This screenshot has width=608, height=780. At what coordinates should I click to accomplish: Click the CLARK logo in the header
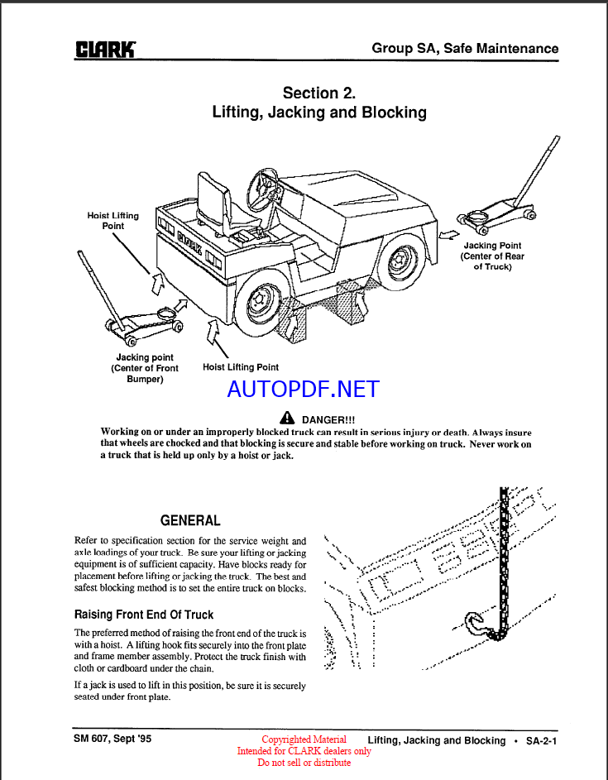(x=106, y=49)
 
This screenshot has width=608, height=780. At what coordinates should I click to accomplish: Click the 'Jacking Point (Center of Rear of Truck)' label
(x=492, y=256)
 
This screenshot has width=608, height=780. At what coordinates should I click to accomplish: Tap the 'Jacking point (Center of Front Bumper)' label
(x=145, y=368)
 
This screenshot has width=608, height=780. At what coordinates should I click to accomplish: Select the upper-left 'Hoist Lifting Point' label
(x=113, y=220)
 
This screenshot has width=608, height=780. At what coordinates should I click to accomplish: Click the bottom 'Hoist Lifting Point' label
(x=241, y=366)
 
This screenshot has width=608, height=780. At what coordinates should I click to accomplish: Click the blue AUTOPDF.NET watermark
(x=303, y=389)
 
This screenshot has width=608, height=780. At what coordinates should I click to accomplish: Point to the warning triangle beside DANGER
(x=287, y=419)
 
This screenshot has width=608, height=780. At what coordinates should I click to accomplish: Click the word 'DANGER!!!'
(x=328, y=419)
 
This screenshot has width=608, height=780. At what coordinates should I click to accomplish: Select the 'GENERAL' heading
(x=190, y=520)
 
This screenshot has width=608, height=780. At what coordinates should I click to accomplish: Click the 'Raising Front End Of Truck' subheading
(x=144, y=615)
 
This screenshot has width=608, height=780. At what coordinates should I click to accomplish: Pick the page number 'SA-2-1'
(x=542, y=740)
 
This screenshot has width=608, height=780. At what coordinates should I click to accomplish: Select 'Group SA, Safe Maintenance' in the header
(x=465, y=48)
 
